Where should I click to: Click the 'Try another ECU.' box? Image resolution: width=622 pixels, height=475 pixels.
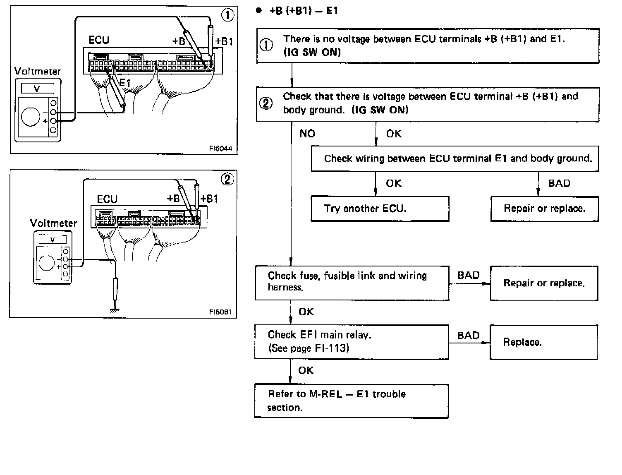point(380,208)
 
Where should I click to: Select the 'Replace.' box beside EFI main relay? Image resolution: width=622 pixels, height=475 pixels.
point(543,342)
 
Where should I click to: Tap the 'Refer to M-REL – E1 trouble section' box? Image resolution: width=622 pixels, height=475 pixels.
point(351,401)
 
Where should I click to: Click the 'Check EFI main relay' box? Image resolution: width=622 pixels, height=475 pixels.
point(352,341)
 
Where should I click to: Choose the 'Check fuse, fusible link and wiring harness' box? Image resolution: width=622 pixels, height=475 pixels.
point(352,283)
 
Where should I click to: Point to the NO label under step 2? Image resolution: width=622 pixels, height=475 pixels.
point(307,133)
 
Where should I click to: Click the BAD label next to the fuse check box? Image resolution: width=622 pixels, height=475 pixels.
point(469,276)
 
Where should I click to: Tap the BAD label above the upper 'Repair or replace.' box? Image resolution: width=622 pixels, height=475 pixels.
point(559,183)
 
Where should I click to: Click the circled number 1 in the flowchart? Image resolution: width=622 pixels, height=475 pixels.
point(266,45)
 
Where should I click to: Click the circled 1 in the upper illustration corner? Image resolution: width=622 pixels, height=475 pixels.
point(228,15)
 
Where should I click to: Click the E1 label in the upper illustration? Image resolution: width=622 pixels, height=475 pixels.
point(124,83)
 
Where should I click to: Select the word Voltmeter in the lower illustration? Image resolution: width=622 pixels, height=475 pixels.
point(53,223)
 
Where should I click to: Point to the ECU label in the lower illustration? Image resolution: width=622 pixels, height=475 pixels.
point(107,199)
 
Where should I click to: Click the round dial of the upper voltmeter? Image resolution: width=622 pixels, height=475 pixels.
point(31,116)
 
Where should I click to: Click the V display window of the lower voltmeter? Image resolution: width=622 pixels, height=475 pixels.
point(53,240)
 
